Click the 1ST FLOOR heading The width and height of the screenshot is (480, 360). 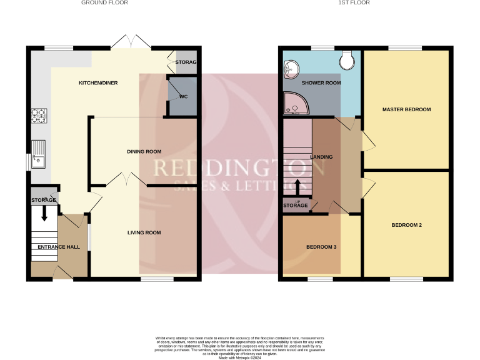click(x=354, y=3)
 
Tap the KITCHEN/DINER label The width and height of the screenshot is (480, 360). click(x=98, y=82)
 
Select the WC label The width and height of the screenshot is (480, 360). click(x=184, y=97)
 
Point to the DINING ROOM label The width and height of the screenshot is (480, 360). click(x=144, y=151)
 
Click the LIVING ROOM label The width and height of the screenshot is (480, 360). click(x=144, y=232)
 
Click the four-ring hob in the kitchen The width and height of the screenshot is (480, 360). click(x=38, y=116)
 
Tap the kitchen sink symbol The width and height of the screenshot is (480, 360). click(x=38, y=154)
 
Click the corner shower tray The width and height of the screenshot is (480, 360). click(x=294, y=104)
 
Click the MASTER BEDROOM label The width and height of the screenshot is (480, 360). click(x=406, y=109)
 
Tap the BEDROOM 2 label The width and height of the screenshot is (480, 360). click(x=407, y=225)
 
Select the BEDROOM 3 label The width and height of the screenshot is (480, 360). click(x=321, y=247)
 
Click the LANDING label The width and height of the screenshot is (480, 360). click(x=321, y=157)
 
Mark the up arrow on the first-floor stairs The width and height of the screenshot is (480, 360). click(x=297, y=187)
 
